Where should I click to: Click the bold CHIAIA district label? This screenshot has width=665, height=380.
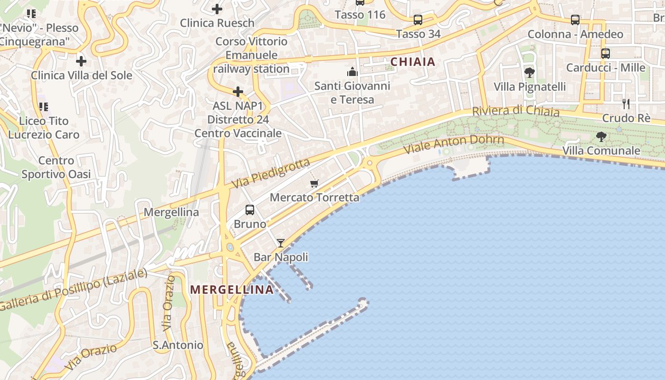point(413,62)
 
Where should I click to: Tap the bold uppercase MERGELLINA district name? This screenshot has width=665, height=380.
point(232,289)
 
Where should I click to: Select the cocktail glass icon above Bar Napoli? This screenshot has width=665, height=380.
point(281,243)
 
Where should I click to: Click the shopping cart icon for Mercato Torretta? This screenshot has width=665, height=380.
point(313,183)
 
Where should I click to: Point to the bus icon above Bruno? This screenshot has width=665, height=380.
point(250,209)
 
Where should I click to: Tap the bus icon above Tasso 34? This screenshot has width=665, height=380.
point(418,20)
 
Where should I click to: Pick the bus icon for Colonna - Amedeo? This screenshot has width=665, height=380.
point(575,20)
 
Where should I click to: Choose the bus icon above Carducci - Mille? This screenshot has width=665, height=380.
point(605,53)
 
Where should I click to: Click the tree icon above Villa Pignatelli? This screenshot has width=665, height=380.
point(530,73)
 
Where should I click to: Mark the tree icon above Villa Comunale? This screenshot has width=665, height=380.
point(601,137)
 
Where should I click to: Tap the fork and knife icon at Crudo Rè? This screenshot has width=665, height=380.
point(626,104)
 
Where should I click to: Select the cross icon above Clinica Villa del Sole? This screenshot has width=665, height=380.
point(81,61)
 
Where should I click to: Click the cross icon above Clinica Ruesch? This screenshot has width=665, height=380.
point(217,9)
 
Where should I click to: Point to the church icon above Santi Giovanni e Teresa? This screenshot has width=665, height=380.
point(352,72)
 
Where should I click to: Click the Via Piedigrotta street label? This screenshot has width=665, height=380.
point(271,173)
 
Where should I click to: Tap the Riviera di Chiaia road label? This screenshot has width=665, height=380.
point(515,111)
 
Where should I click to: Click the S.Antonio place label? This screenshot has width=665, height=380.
point(178,345)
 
